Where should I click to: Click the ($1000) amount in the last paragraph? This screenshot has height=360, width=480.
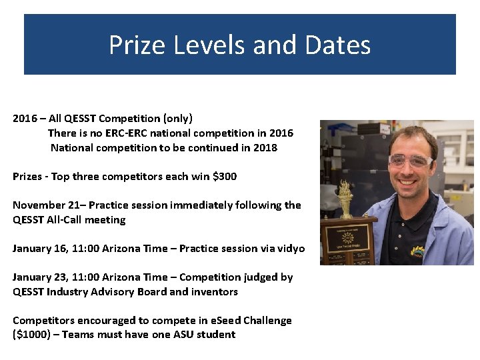[33, 335]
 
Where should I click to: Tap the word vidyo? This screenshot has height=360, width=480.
[289, 249]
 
